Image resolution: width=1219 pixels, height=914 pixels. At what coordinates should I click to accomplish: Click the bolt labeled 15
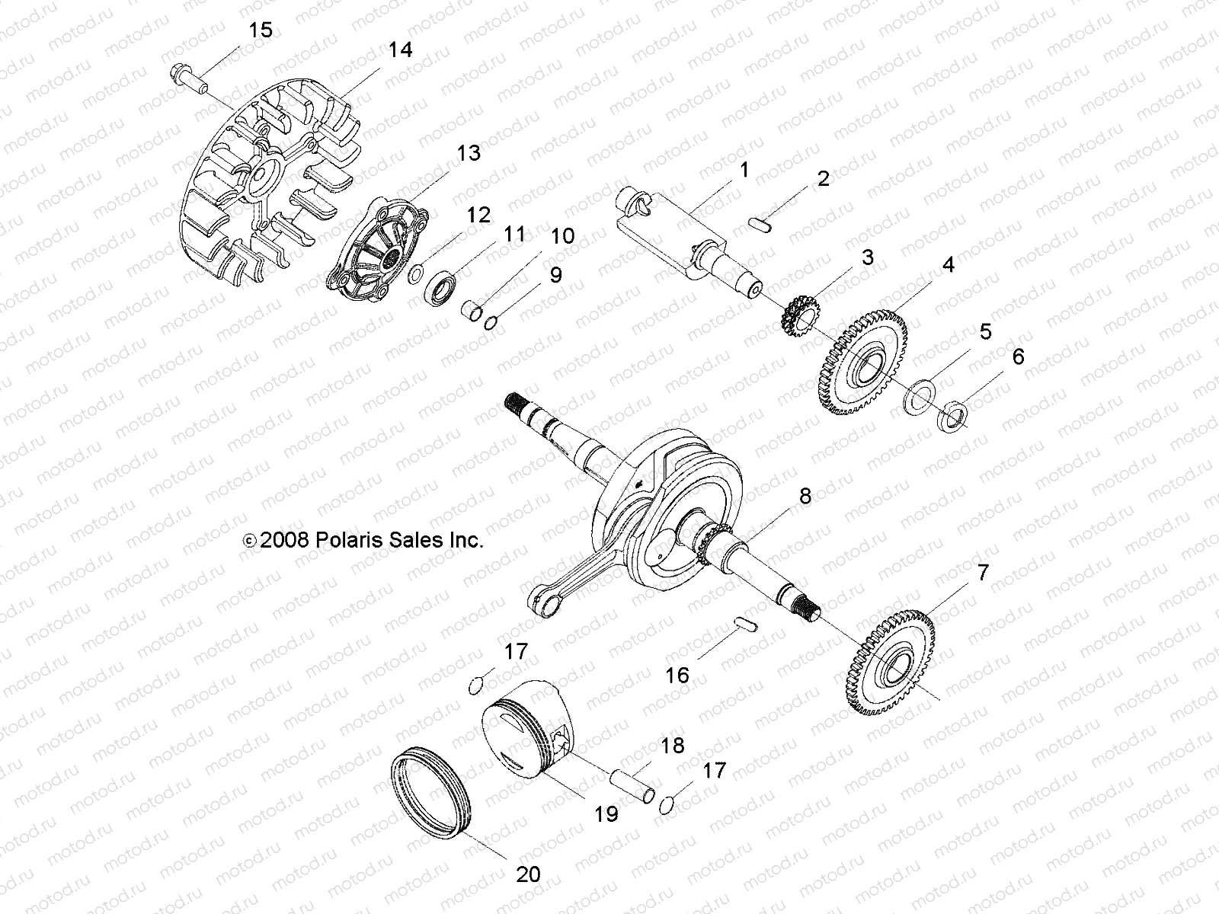pyautogui.click(x=187, y=78)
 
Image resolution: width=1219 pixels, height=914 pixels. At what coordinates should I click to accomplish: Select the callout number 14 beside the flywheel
pyautogui.click(x=399, y=50)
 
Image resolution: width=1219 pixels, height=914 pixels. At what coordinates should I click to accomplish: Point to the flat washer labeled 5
pyautogui.click(x=921, y=396)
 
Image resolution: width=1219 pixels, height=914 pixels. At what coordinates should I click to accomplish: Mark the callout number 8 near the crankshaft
pyautogui.click(x=805, y=497)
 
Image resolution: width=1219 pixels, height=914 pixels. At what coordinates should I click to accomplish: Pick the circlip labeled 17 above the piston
pyautogui.click(x=475, y=685)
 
